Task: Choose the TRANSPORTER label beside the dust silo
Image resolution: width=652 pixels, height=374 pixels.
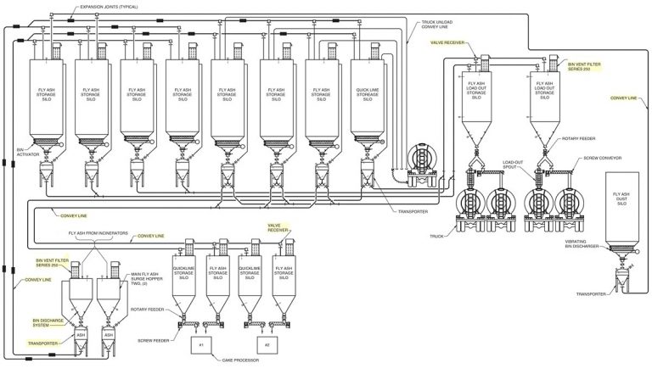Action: (591, 293)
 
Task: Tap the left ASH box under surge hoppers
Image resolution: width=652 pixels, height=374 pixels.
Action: (81, 335)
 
